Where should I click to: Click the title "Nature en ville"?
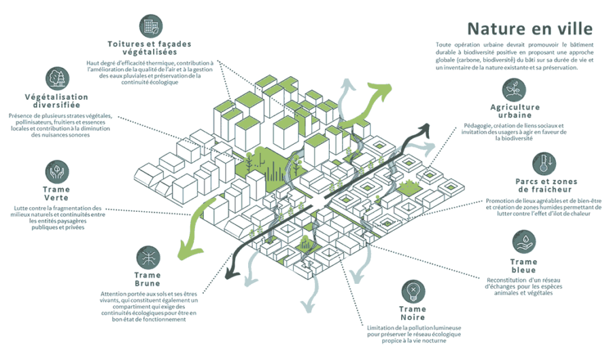click(530, 29)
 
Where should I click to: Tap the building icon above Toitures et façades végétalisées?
click(151, 26)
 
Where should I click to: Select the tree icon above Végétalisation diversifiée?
click(58, 79)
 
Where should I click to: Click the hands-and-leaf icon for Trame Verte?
click(57, 172)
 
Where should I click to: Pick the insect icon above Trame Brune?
click(148, 257)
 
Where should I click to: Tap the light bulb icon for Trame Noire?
click(413, 291)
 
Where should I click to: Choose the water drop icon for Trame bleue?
click(524, 242)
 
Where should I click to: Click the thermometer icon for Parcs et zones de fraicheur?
click(544, 164)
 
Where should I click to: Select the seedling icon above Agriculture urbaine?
click(514, 90)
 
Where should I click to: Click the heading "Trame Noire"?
click(413, 313)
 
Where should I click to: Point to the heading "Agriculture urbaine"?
click(515, 111)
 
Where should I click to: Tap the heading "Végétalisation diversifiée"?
click(56, 101)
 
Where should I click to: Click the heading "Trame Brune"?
click(148, 279)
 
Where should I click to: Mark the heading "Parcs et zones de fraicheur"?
click(547, 185)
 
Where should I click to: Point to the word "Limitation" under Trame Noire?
click(380, 328)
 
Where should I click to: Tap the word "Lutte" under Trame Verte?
click(20, 208)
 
